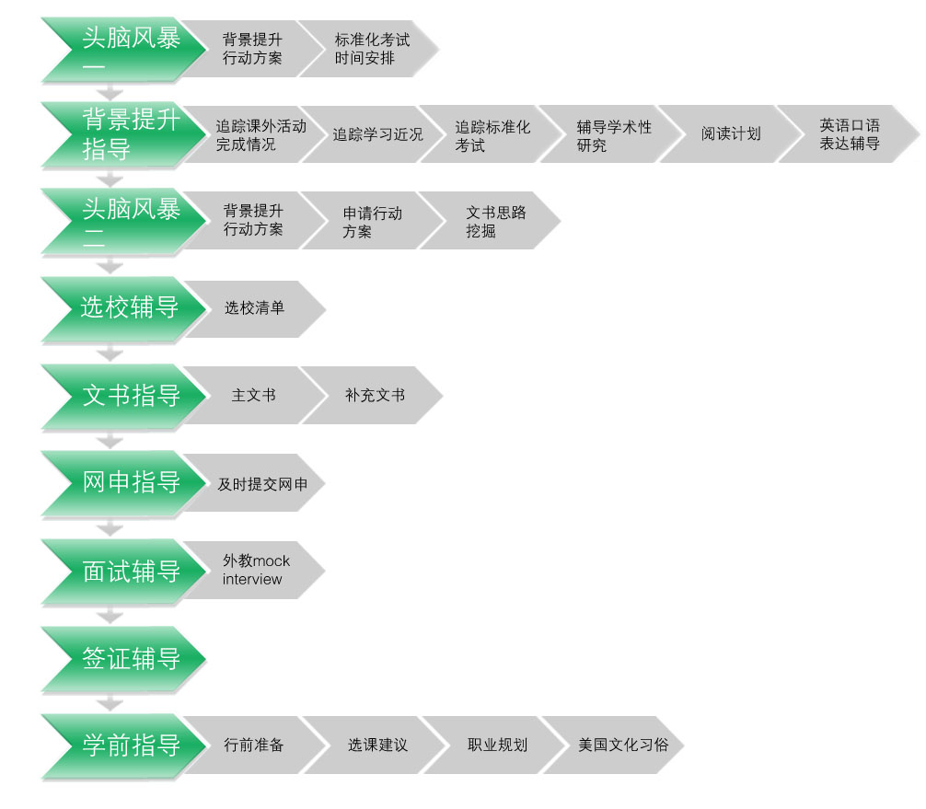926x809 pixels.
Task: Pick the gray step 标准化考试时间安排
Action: click(372, 49)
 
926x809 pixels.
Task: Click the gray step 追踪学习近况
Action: click(377, 134)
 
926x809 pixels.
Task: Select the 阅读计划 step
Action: click(731, 133)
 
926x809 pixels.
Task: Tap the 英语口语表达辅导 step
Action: click(850, 134)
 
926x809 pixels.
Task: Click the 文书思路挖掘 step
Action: click(495, 222)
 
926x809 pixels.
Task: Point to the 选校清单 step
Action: click(254, 308)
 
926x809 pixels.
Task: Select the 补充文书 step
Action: click(375, 396)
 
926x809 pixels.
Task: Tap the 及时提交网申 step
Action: click(261, 483)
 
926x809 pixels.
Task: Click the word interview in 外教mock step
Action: click(252, 580)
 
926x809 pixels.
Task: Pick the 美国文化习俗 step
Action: click(623, 745)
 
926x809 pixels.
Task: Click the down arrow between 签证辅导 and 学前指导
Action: click(110, 702)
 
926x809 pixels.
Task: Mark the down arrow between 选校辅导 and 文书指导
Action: click(110, 352)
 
